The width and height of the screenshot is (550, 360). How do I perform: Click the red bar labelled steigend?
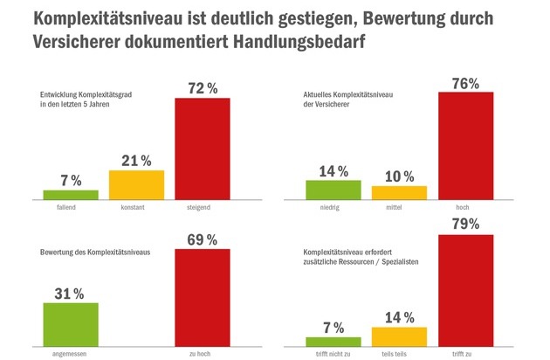(203, 149)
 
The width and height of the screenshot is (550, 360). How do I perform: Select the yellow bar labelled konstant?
(136, 184)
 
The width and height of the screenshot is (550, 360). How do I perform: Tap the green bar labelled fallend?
(70, 194)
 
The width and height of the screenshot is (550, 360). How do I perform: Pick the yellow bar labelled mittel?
(399, 192)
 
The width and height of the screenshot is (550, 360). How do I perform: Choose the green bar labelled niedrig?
(333, 189)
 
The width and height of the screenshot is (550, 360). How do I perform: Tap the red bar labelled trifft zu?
(465, 288)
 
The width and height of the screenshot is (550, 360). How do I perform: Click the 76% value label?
(465, 83)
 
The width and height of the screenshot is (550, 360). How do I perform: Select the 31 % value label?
(70, 292)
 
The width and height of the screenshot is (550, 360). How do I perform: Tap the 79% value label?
(465, 225)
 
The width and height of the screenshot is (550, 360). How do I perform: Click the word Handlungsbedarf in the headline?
(300, 41)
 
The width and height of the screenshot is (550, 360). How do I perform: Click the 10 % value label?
(399, 175)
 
